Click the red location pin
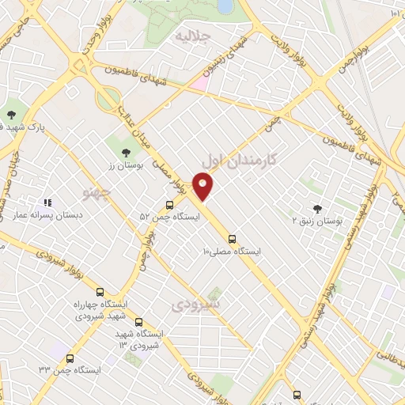click(x=204, y=186)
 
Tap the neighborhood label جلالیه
click(x=194, y=36)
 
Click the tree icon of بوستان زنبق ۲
click(x=318, y=210)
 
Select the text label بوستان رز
click(x=123, y=166)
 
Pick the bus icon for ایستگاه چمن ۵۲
click(x=170, y=205)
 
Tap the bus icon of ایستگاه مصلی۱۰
click(x=232, y=238)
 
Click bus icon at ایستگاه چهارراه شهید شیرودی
click(x=100, y=293)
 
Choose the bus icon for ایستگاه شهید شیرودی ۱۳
click(x=139, y=322)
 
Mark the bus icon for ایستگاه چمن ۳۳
click(x=70, y=358)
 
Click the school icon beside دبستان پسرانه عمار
click(x=47, y=203)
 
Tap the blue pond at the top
click(x=225, y=6)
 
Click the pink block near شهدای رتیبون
click(x=201, y=81)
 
